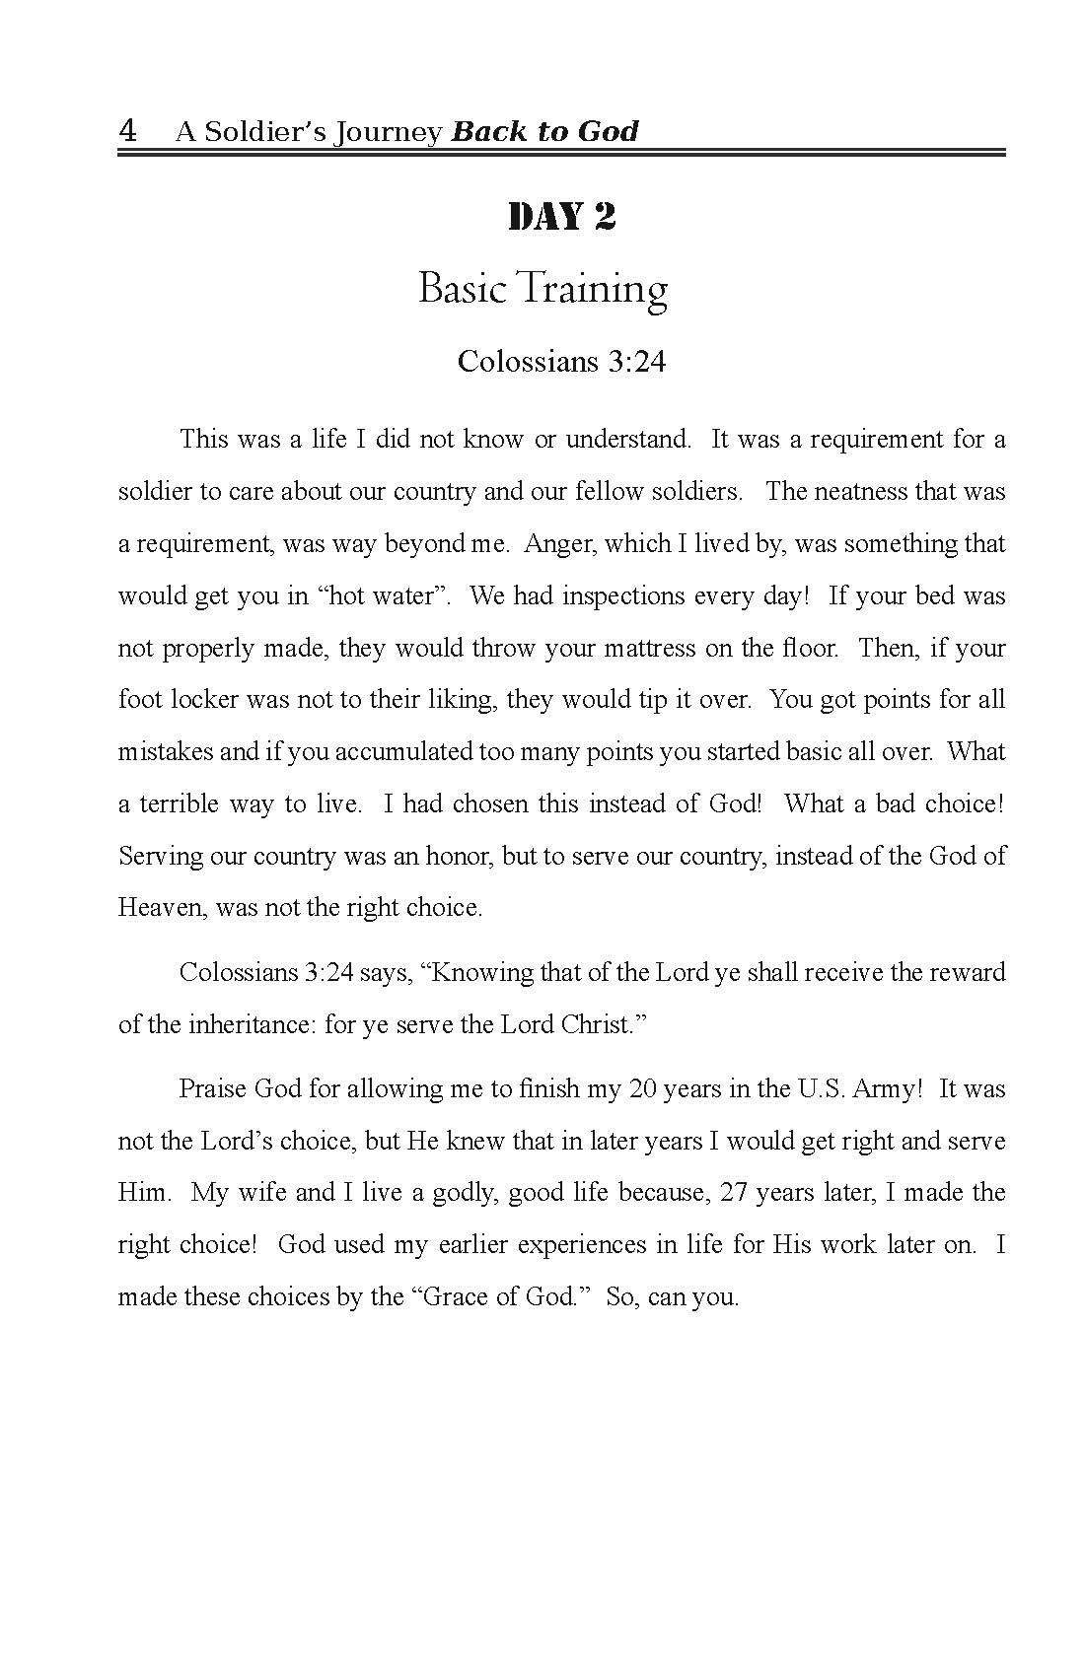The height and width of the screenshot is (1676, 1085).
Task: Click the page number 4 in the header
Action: click(x=127, y=130)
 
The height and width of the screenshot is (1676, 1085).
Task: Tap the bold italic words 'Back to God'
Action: click(x=544, y=131)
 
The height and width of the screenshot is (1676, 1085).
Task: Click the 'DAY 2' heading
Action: click(x=561, y=217)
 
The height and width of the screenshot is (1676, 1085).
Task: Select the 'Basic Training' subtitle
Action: click(x=542, y=289)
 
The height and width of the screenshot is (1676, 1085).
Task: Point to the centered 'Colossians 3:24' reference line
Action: click(x=561, y=362)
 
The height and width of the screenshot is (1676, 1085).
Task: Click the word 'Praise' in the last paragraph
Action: click(x=213, y=1088)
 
